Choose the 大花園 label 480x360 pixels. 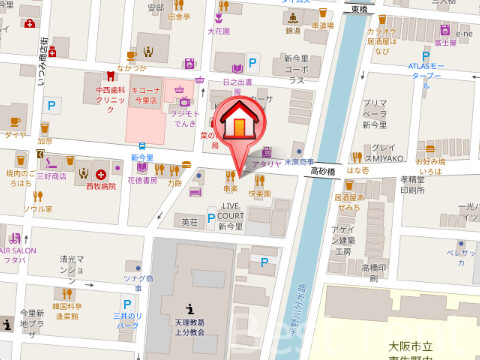pos(219,31)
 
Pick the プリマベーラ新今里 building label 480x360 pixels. pos(375,113)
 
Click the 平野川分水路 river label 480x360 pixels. pos(297,290)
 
